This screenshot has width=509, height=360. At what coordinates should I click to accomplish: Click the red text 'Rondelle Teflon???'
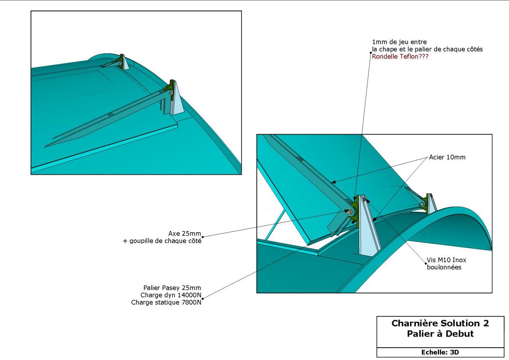(x=400, y=56)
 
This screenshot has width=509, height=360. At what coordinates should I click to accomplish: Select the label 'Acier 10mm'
(x=447, y=157)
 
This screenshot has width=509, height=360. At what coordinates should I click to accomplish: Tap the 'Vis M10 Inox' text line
(x=447, y=260)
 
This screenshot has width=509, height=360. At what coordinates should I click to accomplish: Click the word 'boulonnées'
(x=444, y=267)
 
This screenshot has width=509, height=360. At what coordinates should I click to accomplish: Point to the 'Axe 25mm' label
(x=185, y=234)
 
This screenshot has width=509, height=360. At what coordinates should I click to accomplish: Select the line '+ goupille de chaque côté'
(x=162, y=241)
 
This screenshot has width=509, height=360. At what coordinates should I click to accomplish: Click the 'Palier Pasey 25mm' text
(x=172, y=288)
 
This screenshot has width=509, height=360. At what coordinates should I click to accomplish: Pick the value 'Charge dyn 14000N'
(x=171, y=295)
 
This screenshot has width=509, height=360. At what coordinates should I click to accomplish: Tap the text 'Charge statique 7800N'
(x=166, y=302)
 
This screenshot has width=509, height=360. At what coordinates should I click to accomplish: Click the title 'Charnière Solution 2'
(x=440, y=323)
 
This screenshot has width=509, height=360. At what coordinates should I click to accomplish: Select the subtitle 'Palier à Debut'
(x=440, y=334)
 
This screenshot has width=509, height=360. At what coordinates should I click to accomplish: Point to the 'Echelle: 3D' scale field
(x=440, y=352)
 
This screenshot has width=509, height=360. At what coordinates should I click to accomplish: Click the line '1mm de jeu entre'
(x=399, y=42)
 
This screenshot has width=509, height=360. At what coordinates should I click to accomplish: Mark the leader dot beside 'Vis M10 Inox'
(x=425, y=264)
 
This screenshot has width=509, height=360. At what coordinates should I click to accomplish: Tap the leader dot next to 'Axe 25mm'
(x=203, y=237)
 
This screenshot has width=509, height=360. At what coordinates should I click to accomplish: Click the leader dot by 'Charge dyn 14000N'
(x=203, y=299)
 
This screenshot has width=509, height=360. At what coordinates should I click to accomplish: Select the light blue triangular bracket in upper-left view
(x=178, y=100)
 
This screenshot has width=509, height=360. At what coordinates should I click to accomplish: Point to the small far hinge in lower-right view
(x=427, y=204)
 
